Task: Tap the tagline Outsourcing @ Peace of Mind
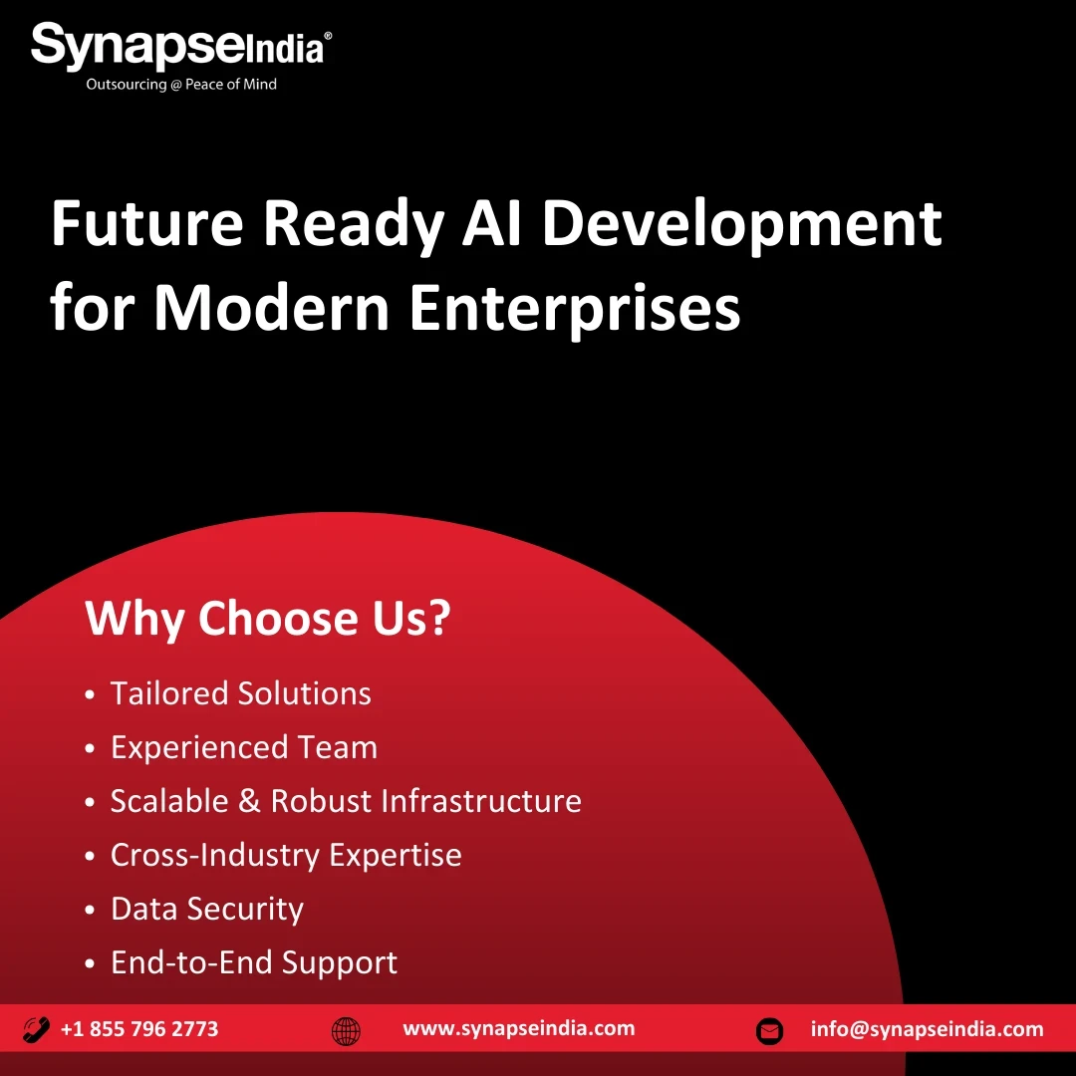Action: click(181, 85)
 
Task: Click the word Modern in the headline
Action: click(272, 307)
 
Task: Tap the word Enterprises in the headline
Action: click(575, 310)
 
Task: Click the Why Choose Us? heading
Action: click(268, 618)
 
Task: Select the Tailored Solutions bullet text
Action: click(241, 693)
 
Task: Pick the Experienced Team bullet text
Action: click(244, 748)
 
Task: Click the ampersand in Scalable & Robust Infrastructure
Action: click(249, 801)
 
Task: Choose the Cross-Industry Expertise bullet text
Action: click(286, 856)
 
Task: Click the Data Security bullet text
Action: click(207, 910)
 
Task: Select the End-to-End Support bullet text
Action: click(255, 962)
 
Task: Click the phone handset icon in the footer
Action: click(37, 1029)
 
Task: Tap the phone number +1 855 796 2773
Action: click(140, 1028)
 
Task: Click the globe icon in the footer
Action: click(346, 1031)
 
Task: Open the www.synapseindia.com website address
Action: click(519, 1028)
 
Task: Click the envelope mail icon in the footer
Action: click(769, 1031)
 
